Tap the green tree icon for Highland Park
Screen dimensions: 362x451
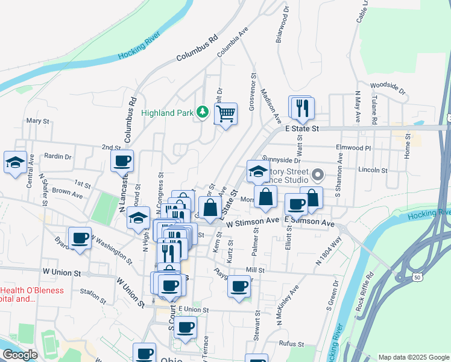tap(204, 112)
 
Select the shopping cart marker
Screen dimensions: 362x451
tap(225, 113)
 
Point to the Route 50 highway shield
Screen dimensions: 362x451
tap(400, 277)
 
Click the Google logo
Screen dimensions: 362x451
tap(19, 355)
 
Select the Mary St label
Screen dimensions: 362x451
tap(37, 121)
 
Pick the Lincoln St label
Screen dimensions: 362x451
tap(371, 170)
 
